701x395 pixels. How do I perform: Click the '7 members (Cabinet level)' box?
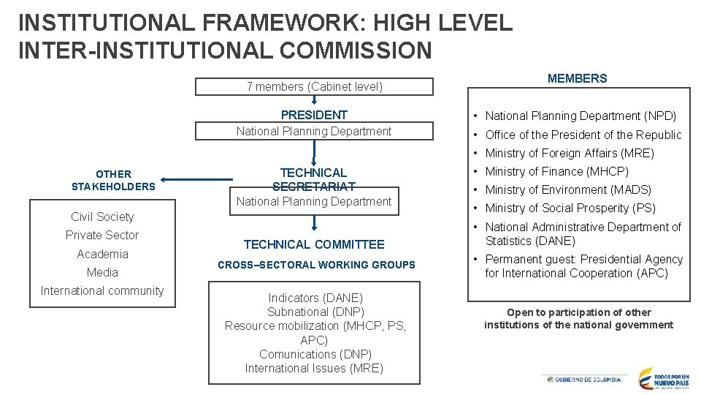tap(314, 86)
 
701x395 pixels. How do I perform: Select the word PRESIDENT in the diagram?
tap(314, 115)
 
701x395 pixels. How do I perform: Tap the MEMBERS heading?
tap(577, 78)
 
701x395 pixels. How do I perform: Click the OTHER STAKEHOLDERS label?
tap(113, 180)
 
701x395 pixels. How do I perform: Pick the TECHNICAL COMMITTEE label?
tap(314, 244)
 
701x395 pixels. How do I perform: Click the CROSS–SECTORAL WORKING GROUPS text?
tap(316, 265)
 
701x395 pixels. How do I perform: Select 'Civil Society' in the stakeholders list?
tap(102, 217)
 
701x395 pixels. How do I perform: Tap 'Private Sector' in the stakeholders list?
tap(102, 235)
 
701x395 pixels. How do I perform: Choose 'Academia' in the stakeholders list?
tap(102, 254)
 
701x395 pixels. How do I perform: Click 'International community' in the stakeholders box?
tap(102, 290)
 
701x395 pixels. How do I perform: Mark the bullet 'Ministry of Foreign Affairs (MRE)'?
tap(570, 153)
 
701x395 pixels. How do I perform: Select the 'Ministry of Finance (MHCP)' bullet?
tap(556, 171)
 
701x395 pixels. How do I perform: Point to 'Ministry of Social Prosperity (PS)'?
tap(570, 208)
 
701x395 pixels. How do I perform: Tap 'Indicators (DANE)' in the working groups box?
tap(315, 298)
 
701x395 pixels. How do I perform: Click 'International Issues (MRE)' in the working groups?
tap(314, 368)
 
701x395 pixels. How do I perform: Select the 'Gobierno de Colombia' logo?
tap(583, 380)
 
